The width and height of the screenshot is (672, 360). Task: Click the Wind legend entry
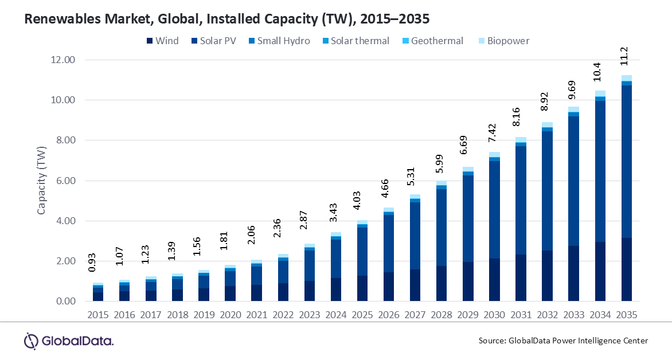pos(162,41)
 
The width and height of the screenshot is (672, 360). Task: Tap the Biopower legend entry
pos(503,41)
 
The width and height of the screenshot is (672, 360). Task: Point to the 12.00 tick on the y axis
pos(63,60)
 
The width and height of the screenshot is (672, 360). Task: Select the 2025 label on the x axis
pos(362,316)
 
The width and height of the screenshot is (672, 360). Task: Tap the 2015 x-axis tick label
pos(98,316)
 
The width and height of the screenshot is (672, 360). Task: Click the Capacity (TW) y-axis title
pos(41,181)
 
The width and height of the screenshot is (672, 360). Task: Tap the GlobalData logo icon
pos(31,341)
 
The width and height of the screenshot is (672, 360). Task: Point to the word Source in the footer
pos(492,341)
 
